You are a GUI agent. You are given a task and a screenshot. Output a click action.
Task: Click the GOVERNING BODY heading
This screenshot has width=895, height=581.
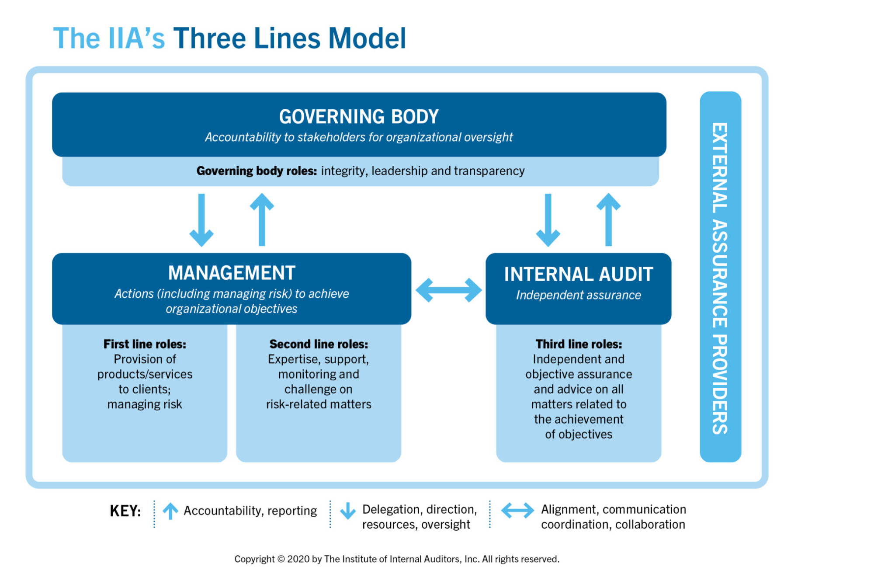click(x=358, y=117)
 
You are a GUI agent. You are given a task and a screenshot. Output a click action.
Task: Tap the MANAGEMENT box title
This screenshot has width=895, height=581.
click(x=232, y=273)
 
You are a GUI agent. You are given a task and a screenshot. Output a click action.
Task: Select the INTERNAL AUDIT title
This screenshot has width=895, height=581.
click(x=578, y=275)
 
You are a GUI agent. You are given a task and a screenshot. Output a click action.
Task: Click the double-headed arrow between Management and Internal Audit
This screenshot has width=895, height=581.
click(x=448, y=290)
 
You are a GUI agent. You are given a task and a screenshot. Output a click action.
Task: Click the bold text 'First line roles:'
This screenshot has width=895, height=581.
click(x=145, y=344)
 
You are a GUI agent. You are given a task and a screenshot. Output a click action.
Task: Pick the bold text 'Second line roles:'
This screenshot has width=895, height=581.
click(x=319, y=344)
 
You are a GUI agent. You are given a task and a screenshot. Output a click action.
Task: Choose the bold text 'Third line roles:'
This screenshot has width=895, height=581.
click(x=579, y=344)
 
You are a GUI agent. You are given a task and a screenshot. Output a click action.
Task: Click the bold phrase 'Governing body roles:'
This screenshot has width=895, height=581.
click(x=257, y=171)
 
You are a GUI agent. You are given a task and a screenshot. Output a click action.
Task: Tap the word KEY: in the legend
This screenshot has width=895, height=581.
click(x=125, y=511)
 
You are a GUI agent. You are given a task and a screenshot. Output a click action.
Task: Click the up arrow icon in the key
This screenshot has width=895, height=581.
click(x=170, y=511)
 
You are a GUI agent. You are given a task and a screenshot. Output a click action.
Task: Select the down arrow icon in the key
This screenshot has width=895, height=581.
click(x=348, y=511)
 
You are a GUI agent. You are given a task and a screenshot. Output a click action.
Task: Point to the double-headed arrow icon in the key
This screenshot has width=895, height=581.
click(x=517, y=510)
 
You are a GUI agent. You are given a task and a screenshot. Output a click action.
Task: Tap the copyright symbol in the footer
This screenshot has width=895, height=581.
click(x=281, y=559)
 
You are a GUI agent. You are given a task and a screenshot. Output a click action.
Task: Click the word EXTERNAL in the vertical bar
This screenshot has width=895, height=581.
click(x=720, y=168)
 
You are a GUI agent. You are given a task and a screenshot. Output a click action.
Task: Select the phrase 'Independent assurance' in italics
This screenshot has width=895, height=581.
click(x=578, y=295)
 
